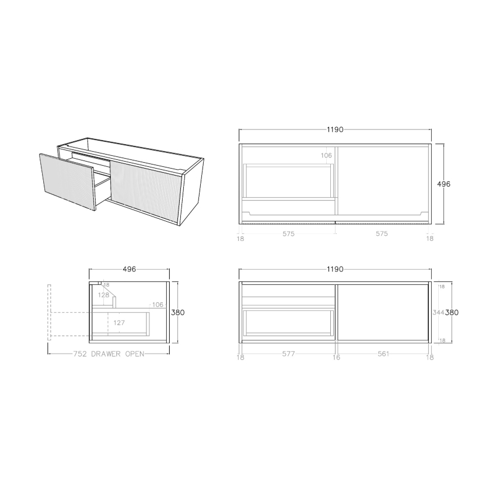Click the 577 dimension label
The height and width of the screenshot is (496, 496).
click(x=288, y=354)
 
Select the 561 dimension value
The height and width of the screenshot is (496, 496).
click(x=382, y=354)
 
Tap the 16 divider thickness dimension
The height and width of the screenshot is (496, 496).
click(x=336, y=357)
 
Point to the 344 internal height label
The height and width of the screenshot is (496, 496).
click(x=438, y=312)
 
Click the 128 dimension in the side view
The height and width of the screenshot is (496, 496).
click(x=103, y=295)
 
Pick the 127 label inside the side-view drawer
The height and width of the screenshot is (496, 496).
click(x=119, y=323)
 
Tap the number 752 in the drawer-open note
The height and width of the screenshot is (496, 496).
click(x=81, y=354)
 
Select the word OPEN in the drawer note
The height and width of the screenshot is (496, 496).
click(x=135, y=354)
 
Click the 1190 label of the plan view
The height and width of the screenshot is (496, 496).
click(x=335, y=130)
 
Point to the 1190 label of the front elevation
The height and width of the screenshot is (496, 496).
click(x=335, y=269)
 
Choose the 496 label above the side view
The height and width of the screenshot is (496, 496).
click(x=129, y=269)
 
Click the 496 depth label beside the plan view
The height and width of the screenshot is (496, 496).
click(x=443, y=183)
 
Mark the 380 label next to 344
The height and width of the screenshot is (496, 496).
click(x=452, y=312)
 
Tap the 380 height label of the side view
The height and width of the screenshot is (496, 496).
click(x=177, y=312)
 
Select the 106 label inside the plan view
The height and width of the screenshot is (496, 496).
click(x=326, y=155)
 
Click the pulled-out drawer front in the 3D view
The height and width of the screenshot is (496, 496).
click(x=67, y=180)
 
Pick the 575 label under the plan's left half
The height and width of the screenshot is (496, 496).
click(x=288, y=233)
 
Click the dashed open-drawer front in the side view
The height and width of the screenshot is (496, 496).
click(x=50, y=310)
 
